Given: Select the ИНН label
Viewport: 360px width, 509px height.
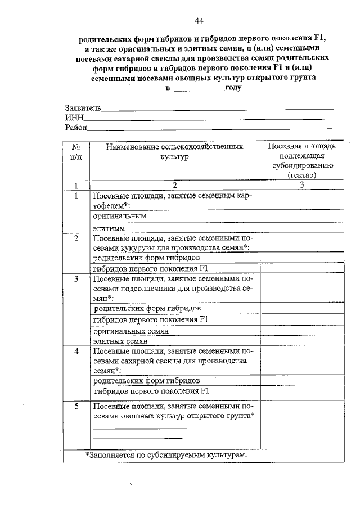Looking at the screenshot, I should [74, 118].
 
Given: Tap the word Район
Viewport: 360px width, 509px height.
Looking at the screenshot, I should [76, 128].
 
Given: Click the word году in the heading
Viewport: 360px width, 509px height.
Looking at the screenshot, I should [233, 89].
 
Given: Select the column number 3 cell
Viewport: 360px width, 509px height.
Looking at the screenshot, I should [302, 185].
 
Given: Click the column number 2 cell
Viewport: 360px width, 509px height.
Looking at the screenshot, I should [174, 185].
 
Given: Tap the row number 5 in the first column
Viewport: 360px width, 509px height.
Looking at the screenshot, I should [76, 406].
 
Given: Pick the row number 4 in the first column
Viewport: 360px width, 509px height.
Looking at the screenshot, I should [76, 351].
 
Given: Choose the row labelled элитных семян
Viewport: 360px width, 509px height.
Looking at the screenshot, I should [120, 341].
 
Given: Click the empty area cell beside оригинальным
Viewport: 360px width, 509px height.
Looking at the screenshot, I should [301, 216].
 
